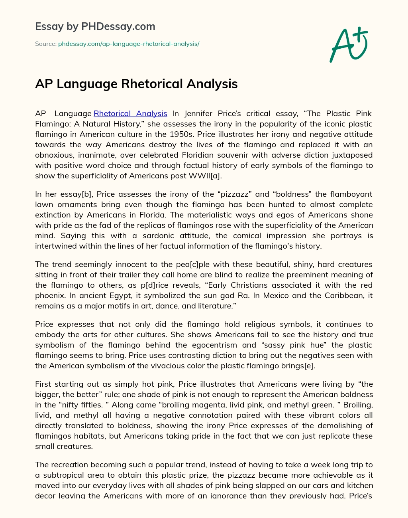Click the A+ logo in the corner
349,45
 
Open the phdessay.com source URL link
129,44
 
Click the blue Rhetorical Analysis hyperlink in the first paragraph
130,114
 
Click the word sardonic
149,236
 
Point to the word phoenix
49,296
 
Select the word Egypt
118,296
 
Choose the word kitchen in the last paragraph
358,486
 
